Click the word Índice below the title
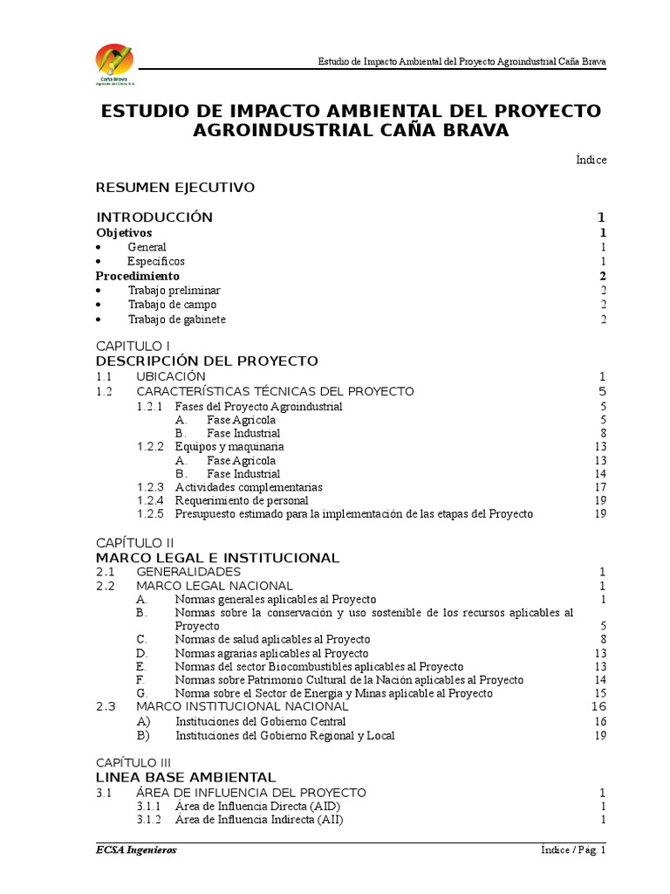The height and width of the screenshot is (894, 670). point(591,160)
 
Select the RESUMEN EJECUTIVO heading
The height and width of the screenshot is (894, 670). point(174,188)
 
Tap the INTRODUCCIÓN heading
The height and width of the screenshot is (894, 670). point(154,217)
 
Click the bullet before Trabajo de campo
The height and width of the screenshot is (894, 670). point(99,305)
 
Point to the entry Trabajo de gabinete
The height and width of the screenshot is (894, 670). point(176,320)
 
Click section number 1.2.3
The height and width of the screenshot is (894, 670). point(150,487)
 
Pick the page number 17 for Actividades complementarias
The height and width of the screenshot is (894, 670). point(599,487)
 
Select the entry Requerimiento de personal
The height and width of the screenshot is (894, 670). point(242,501)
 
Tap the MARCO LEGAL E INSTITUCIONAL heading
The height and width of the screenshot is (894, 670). point(217,558)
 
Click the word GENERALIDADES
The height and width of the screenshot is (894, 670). point(188,572)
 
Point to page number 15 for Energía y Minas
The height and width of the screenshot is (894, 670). point(599,693)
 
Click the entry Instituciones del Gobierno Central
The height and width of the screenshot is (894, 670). point(261,722)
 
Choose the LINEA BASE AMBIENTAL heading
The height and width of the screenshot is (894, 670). point(186,777)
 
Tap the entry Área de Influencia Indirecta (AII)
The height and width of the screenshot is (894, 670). point(259,821)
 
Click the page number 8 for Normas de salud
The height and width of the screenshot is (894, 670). point(602,639)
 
